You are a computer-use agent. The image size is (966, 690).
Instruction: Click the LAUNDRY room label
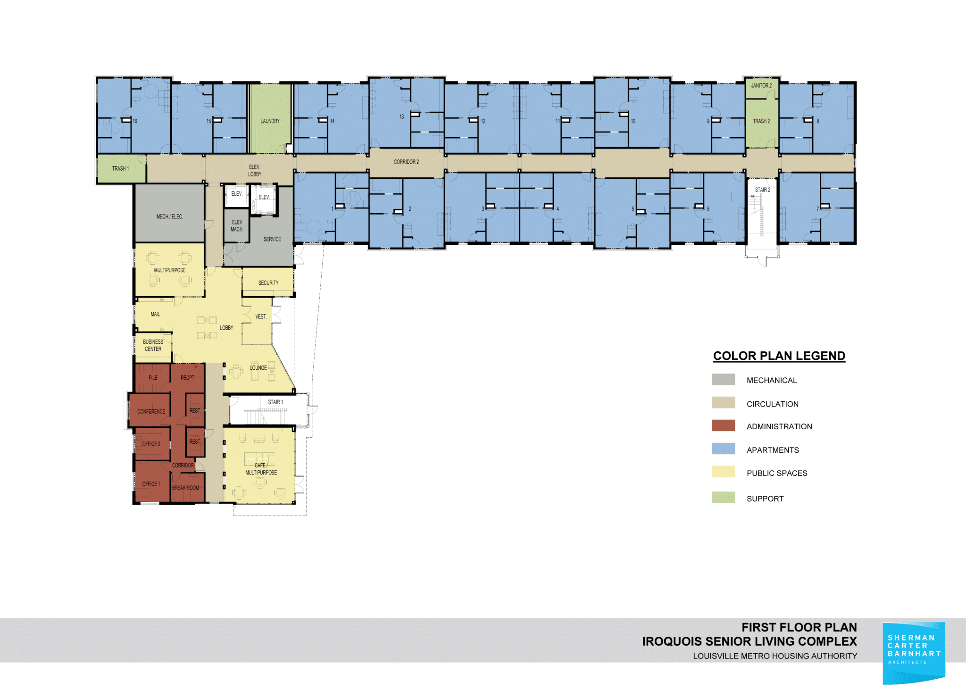pos(270,121)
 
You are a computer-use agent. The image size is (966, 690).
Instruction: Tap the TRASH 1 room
pos(120,168)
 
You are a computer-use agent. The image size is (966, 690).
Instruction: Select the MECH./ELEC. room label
pos(169,216)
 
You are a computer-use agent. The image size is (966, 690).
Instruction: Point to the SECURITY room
pos(268,283)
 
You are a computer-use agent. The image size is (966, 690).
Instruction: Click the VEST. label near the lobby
pos(261,316)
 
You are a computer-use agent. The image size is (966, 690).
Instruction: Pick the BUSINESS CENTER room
pos(153,346)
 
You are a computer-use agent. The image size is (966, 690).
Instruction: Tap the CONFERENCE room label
pos(151,411)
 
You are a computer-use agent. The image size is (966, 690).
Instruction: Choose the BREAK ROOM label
pos(185,488)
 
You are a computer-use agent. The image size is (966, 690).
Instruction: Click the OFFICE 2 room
pos(151,444)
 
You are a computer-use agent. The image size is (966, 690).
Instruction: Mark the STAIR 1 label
pos(275,402)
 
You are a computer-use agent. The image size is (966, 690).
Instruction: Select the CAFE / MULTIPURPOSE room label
pos(261,469)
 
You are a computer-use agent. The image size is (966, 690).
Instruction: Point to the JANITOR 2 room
pos(761,86)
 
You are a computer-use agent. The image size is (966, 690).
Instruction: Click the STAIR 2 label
pos(762,190)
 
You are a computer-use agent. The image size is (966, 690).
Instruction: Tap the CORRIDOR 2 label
pos(406,162)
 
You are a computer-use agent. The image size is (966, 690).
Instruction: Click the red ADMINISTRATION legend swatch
pos(723,425)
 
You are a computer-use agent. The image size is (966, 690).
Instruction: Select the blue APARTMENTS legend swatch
pos(723,449)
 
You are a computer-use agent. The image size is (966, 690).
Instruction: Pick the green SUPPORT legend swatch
pos(723,498)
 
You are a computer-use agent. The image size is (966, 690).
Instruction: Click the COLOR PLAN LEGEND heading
pos(779,356)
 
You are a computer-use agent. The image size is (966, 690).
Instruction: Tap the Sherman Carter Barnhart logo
pos(914,653)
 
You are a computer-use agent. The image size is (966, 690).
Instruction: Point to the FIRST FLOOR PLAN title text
pos(799,627)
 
